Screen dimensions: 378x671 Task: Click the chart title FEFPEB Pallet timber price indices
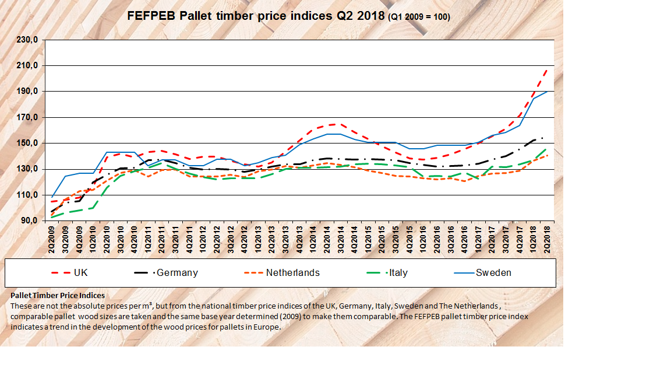(x=256, y=16)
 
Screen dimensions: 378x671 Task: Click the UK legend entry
(x=80, y=272)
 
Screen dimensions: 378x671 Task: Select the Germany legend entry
(x=177, y=272)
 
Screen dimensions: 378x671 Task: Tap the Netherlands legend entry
(x=292, y=272)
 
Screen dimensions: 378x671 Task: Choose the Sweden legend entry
(x=493, y=272)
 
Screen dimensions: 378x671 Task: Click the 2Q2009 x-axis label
(x=52, y=237)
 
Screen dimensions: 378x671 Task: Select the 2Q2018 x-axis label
(x=547, y=237)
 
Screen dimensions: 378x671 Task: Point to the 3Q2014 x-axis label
(x=340, y=237)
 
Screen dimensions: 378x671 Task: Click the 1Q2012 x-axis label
(x=203, y=237)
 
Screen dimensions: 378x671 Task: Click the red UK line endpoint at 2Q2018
(x=547, y=69)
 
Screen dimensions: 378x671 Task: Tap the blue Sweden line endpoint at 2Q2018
(x=547, y=92)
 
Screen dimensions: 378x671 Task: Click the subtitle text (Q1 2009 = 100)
(x=419, y=17)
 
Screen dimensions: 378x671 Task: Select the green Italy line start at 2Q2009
(x=53, y=218)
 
